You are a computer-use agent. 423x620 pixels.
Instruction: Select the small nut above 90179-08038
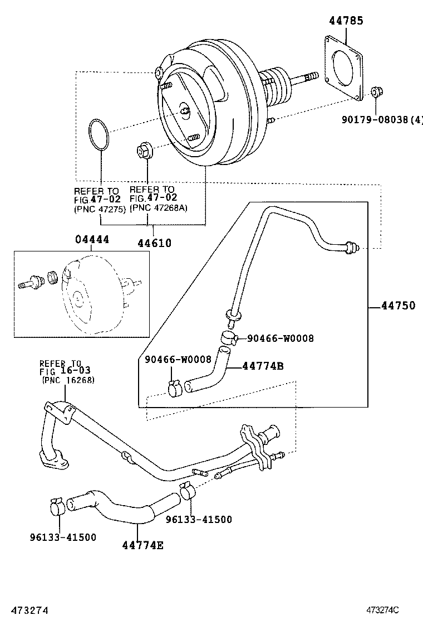pyautogui.click(x=376, y=91)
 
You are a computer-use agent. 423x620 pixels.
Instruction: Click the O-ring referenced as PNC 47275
pyautogui.click(x=99, y=135)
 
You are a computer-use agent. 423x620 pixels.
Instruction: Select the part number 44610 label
pyautogui.click(x=154, y=243)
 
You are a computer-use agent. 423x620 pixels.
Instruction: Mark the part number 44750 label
pyautogui.click(x=398, y=306)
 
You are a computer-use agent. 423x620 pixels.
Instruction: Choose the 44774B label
pyautogui.click(x=263, y=366)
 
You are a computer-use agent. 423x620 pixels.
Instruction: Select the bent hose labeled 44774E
pyautogui.click(x=111, y=507)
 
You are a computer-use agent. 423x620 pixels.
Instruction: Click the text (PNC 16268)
pyautogui.click(x=68, y=380)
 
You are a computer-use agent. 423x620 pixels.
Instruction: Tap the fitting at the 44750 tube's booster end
pyautogui.click(x=352, y=245)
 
